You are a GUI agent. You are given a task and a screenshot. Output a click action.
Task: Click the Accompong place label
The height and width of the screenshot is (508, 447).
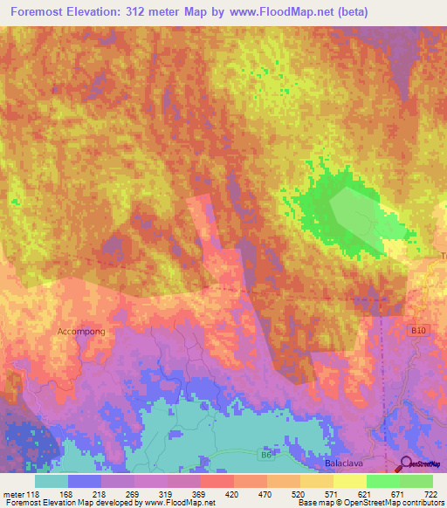80,332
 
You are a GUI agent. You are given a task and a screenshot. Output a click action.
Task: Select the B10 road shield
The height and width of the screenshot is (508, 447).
419,330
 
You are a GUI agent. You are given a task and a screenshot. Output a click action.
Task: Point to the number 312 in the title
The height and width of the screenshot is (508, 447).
155,12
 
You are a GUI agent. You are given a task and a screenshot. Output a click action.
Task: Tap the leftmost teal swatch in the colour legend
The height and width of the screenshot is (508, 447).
52,481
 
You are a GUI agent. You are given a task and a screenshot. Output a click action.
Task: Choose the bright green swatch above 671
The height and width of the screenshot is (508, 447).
382,481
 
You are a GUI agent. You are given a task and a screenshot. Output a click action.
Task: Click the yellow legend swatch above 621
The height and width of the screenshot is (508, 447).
349,481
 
